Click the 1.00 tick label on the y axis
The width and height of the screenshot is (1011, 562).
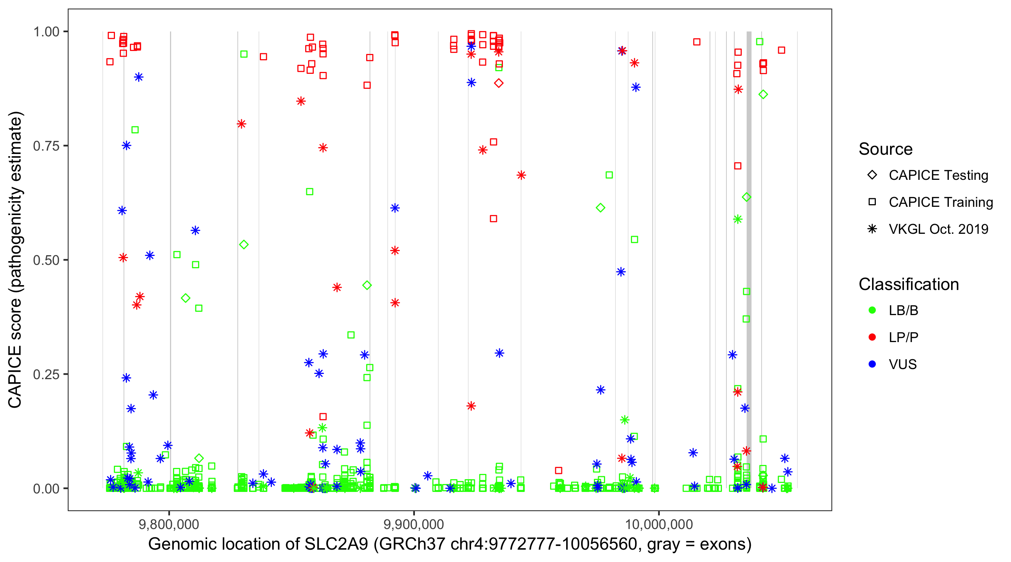click(x=46, y=32)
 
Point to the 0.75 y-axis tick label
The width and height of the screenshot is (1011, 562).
click(x=46, y=146)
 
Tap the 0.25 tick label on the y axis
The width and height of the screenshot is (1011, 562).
click(x=46, y=374)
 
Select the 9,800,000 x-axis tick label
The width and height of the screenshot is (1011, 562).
click(x=169, y=524)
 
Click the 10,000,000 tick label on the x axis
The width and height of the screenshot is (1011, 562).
click(x=659, y=524)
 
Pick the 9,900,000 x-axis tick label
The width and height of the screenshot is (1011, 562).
click(x=414, y=524)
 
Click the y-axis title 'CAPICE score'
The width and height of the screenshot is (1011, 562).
click(x=16, y=260)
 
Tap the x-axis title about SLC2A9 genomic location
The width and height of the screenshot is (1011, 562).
click(x=450, y=544)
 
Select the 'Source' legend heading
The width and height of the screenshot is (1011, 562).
click(x=886, y=149)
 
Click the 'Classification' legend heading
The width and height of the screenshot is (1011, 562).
click(x=908, y=284)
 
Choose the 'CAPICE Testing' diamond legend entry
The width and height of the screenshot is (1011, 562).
click(x=872, y=175)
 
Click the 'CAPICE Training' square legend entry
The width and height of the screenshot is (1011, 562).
click(x=872, y=202)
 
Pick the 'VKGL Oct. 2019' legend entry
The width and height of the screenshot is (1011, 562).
click(x=872, y=229)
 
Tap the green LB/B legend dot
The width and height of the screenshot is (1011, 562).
click(x=872, y=310)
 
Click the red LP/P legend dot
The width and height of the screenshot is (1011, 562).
click(x=872, y=337)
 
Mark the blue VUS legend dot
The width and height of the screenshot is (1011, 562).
click(x=872, y=364)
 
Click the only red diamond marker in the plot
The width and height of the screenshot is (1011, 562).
click(x=498, y=83)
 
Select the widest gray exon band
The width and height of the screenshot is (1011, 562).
click(x=749, y=259)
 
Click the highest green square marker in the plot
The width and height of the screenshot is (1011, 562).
click(x=759, y=42)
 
